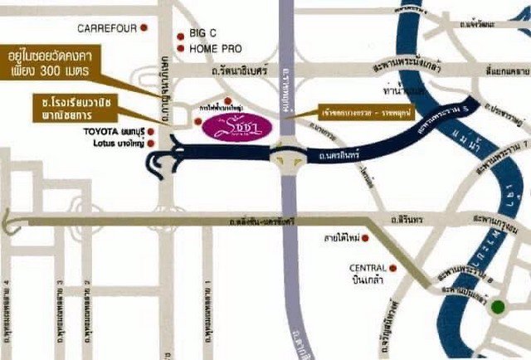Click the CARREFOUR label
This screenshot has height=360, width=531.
coord(106,28)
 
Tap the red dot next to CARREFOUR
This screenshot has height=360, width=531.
coord(144,27)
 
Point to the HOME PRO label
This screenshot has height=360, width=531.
coord(215,49)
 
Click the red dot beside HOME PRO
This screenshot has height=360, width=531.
coord(181,49)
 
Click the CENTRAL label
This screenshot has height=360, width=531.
coord(368,268)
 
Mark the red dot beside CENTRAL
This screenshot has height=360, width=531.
coord(393,268)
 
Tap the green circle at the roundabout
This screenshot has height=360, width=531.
coord(497,308)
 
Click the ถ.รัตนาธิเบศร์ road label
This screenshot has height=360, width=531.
coord(243,72)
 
